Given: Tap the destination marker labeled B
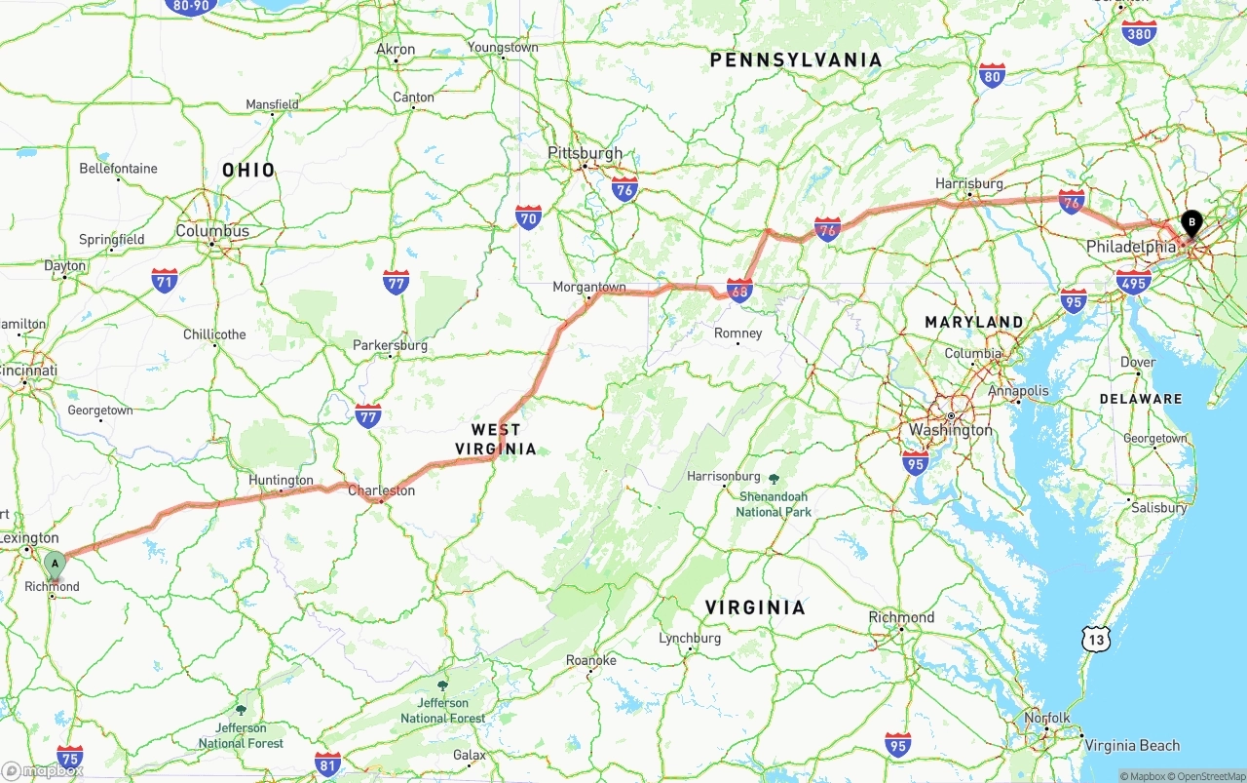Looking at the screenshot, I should coord(1190,223).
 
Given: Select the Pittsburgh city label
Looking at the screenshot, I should coord(585,153).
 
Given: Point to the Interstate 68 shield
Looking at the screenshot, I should coord(739,290).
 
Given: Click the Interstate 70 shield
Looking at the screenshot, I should coord(529,216).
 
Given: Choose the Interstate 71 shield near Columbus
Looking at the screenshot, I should coord(165,281).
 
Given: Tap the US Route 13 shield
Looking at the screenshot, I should coord(1097,640).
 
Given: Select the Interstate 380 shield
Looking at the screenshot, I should coord(1139,32).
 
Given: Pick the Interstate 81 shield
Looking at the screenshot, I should coord(328,763).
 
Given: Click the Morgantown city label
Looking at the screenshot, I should coord(589,287).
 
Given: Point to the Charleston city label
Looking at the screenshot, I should coord(381,490).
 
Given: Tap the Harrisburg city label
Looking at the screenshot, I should coord(969,183).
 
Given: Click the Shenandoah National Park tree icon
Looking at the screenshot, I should coord(774,479).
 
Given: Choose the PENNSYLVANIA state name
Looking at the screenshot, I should coord(796,60).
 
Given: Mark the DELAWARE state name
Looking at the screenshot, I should coord(1141,399).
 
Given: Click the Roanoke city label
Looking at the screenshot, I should coord(591,660).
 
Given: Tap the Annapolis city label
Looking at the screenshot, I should coord(1019,391).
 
